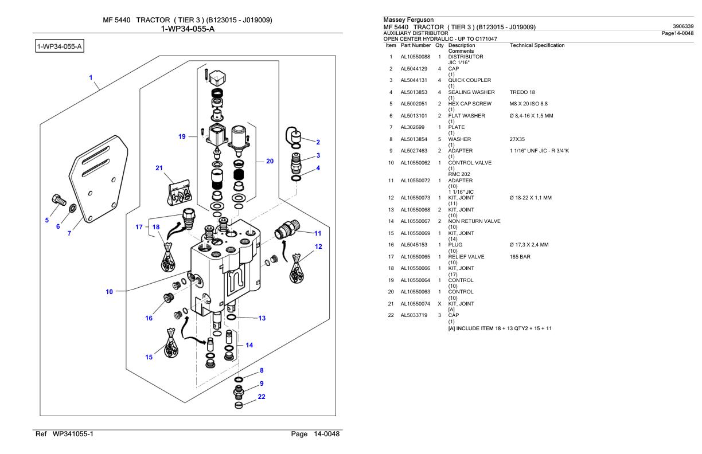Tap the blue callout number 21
[159, 168]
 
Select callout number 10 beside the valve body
[109, 291]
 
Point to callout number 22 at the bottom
[261, 396]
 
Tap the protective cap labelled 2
[297, 137]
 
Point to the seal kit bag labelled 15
[171, 342]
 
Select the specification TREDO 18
[523, 91]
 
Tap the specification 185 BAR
[519, 256]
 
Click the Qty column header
[439, 45]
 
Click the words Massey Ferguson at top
[404, 20]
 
